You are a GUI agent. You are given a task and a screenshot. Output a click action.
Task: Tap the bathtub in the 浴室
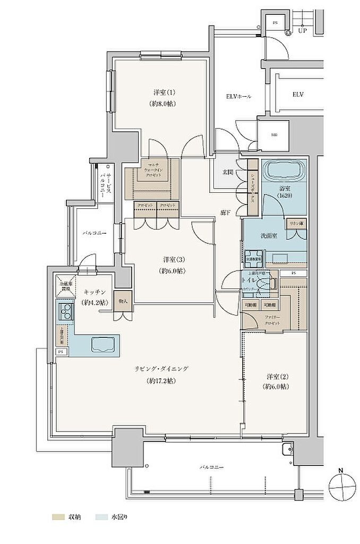tap(284, 171)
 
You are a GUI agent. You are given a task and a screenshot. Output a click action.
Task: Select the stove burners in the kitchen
tap(66, 311)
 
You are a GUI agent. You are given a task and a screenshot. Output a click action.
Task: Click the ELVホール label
tap(238, 97)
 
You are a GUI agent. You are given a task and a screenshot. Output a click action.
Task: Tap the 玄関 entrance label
tap(226, 173)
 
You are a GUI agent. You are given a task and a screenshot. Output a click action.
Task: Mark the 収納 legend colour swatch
tap(57, 516)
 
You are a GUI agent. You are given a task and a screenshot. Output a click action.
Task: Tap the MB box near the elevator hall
tap(274, 134)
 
